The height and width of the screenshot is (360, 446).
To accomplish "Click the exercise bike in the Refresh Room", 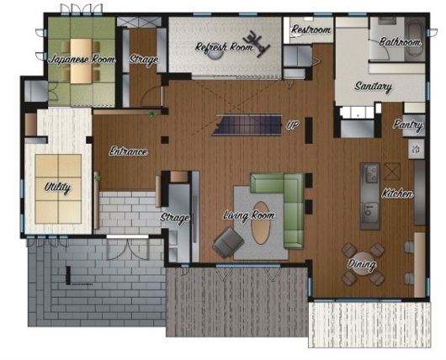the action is coord(257,44).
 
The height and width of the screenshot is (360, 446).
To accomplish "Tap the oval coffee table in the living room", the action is coord(261,223).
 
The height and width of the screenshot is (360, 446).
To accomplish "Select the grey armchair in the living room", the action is coord(228,242).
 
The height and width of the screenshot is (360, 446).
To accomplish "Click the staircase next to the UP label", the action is coord(247,124).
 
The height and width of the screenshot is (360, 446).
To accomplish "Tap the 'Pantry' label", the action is coord(408,125).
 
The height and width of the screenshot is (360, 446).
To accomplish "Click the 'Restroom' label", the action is coord(311,29).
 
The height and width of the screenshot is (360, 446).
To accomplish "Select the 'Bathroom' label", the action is coord(400,42).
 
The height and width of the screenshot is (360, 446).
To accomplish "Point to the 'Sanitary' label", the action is coord(373,86).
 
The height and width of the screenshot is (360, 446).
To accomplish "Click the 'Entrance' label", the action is coord(128,151).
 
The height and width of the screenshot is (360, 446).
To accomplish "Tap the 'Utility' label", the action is coord(57,188).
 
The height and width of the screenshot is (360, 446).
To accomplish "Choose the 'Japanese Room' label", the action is coord(82,60).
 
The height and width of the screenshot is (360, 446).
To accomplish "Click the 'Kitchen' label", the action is coord(397,193).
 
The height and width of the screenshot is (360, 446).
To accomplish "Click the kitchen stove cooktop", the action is coord(370,174).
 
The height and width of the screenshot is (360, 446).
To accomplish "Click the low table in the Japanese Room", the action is coord(81,61).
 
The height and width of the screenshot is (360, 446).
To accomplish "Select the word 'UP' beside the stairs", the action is coord(292,124).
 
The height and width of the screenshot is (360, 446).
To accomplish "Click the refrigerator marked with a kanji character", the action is coord(417,149).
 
